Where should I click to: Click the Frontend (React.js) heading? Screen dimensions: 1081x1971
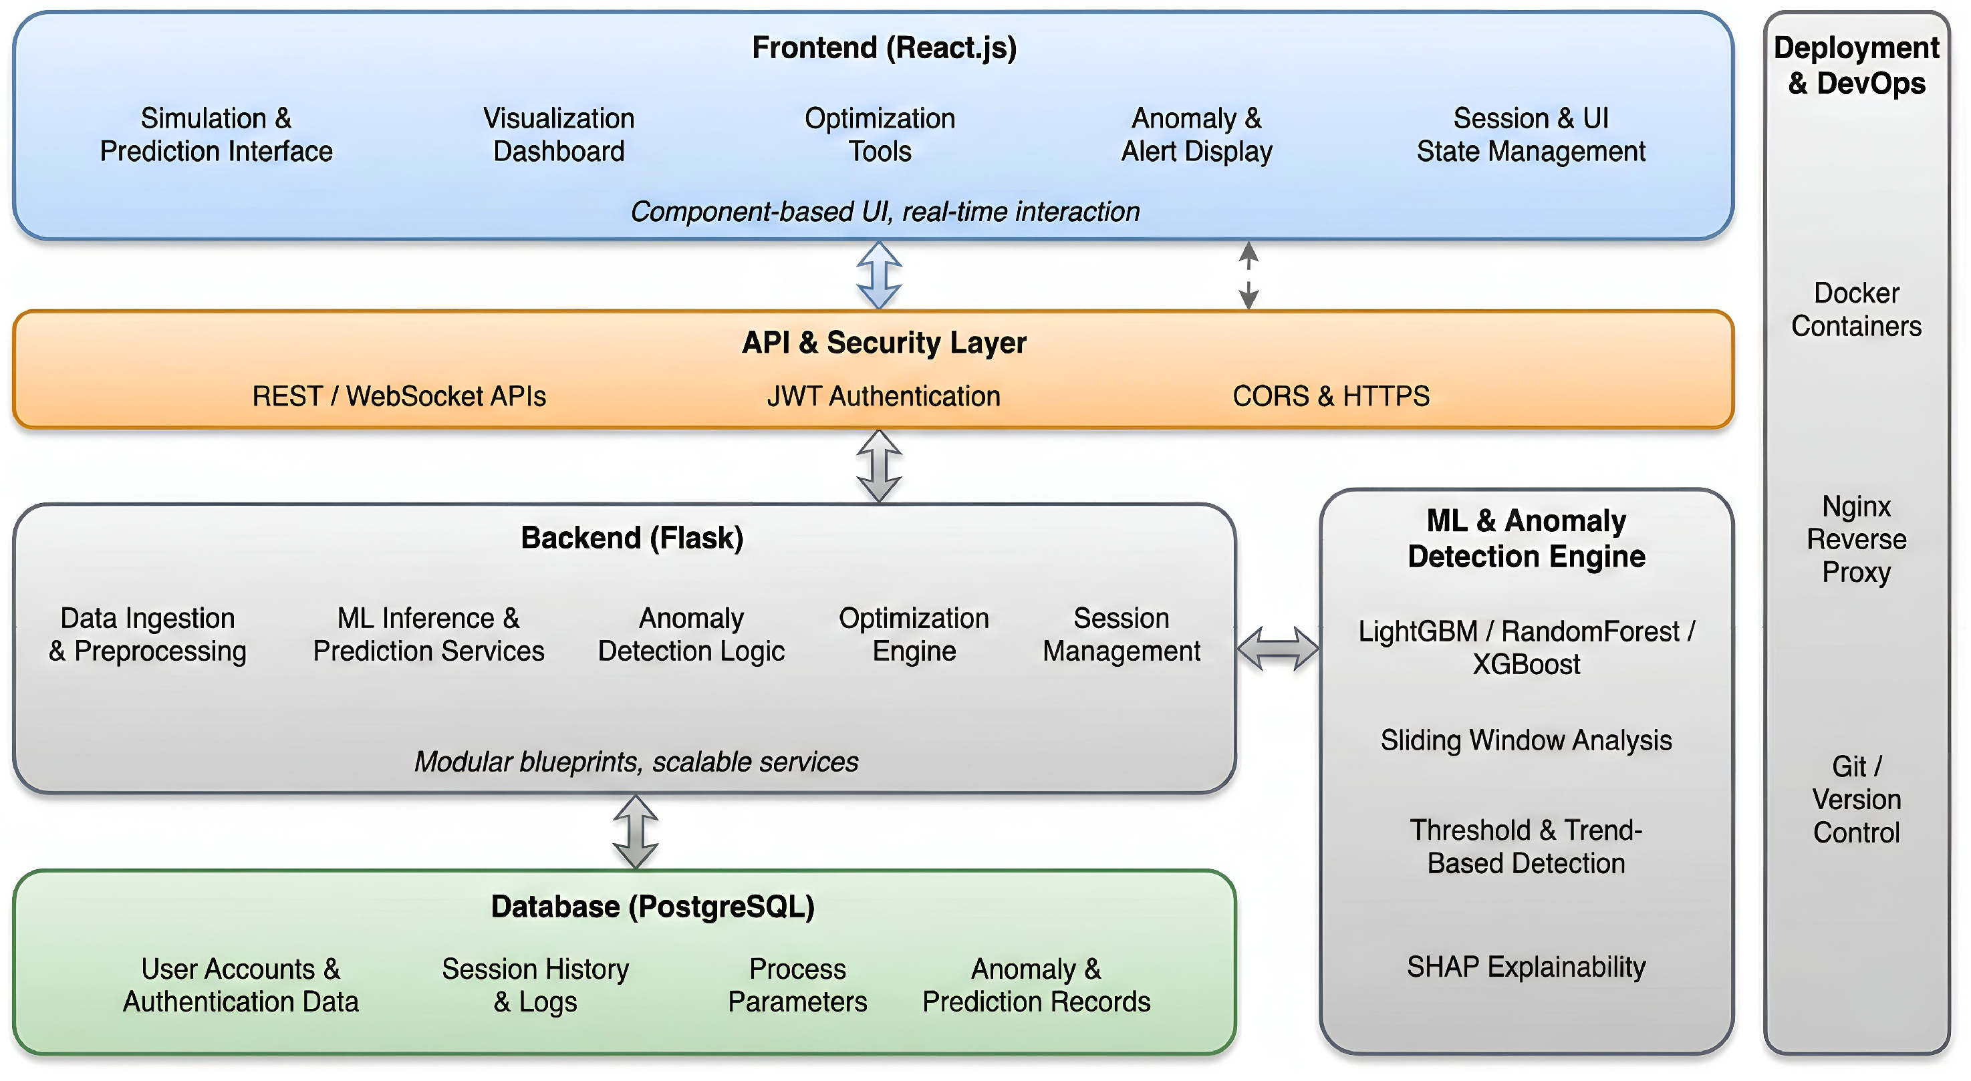click(884, 47)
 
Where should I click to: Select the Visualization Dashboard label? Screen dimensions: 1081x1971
click(559, 135)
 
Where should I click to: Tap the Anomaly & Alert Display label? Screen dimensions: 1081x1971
click(1196, 135)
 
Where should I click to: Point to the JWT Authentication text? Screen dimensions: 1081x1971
click(884, 396)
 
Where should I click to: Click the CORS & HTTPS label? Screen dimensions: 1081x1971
click(1331, 396)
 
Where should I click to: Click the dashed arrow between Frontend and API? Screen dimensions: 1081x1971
click(1249, 275)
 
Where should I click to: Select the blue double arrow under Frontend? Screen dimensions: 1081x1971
click(879, 275)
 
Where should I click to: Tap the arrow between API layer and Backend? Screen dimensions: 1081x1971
click(879, 466)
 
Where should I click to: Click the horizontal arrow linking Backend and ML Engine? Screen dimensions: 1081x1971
click(1278, 649)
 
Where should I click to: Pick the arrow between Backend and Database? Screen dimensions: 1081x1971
click(636, 832)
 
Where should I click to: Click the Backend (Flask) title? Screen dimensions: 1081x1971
click(632, 538)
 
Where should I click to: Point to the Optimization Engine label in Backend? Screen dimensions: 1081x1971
click(914, 634)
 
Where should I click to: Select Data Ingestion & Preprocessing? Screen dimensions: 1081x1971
click(148, 634)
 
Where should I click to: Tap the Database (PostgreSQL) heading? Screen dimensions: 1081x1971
click(653, 907)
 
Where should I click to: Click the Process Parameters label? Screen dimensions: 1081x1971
click(797, 985)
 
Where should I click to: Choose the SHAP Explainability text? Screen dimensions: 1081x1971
click(1526, 967)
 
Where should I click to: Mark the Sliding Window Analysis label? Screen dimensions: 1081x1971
click(1526, 740)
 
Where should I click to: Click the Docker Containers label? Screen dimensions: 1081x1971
click(1856, 310)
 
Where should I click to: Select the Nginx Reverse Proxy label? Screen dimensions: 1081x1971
click(1856, 539)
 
